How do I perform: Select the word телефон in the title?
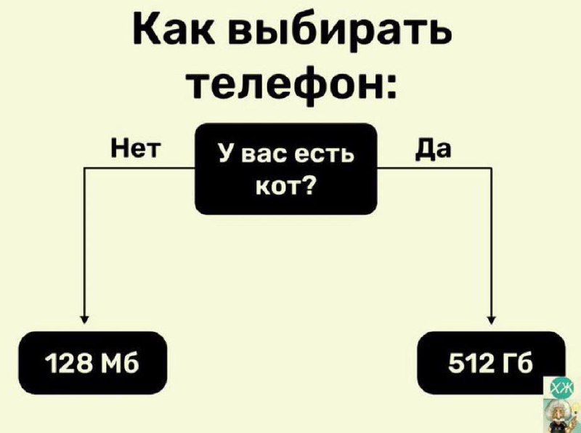(285, 86)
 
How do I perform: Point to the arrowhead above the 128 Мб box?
(86, 318)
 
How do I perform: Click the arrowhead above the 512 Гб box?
(492, 318)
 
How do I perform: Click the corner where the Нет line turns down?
(86, 169)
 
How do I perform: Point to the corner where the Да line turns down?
(492, 169)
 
